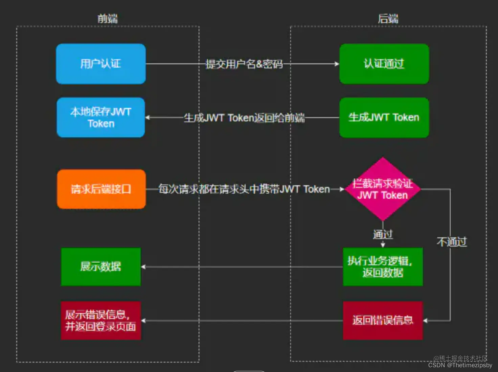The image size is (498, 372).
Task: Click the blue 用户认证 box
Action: [x=101, y=64]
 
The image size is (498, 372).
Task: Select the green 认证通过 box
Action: [x=384, y=64]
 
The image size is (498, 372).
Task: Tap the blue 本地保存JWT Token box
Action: [x=101, y=117]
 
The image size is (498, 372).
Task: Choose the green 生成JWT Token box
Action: [x=384, y=117]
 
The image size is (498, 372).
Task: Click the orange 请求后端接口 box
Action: [x=101, y=189]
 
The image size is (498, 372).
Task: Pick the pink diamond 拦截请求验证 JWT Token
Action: [x=383, y=189]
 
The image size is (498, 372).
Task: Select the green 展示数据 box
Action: [x=100, y=267]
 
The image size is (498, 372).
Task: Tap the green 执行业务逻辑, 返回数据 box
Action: [x=383, y=267]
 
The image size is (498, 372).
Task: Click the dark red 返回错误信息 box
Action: [x=383, y=320]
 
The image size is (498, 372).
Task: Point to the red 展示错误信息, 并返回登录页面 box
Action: [x=100, y=320]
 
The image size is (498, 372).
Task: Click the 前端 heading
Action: [x=108, y=19]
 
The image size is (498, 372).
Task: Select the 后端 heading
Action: [x=388, y=19]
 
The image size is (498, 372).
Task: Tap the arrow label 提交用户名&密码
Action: [x=244, y=64]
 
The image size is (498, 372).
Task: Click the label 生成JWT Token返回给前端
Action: [x=244, y=118]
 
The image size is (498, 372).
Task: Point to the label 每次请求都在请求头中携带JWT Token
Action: [x=244, y=189]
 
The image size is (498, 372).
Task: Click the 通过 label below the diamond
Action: [x=383, y=234]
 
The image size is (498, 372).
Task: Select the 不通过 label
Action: [x=452, y=242]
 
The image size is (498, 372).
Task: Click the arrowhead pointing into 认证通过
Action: [x=337, y=64]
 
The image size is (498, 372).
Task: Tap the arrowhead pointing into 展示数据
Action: [x=143, y=267]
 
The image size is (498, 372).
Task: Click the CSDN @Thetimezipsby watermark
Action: [x=460, y=365]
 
